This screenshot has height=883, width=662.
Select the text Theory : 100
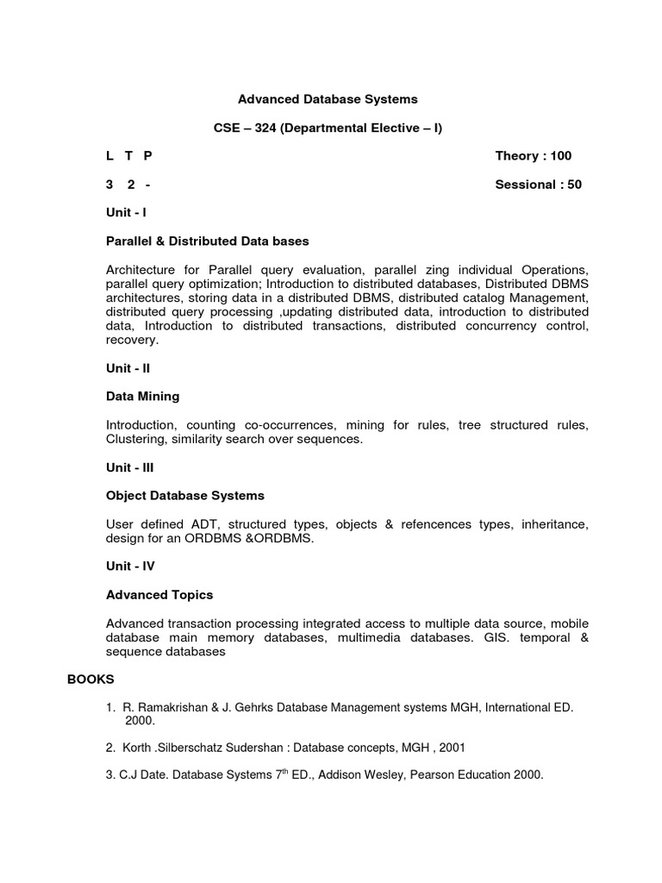coord(533,156)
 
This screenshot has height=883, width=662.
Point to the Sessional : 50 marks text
coord(538,185)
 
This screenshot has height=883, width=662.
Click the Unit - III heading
coord(130,467)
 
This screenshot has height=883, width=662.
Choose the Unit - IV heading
coord(130,567)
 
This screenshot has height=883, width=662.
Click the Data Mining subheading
coord(142,397)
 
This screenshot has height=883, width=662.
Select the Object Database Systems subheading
coord(184,496)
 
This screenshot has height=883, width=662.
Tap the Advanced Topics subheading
coord(159,595)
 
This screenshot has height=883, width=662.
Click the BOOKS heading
coord(91,679)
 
